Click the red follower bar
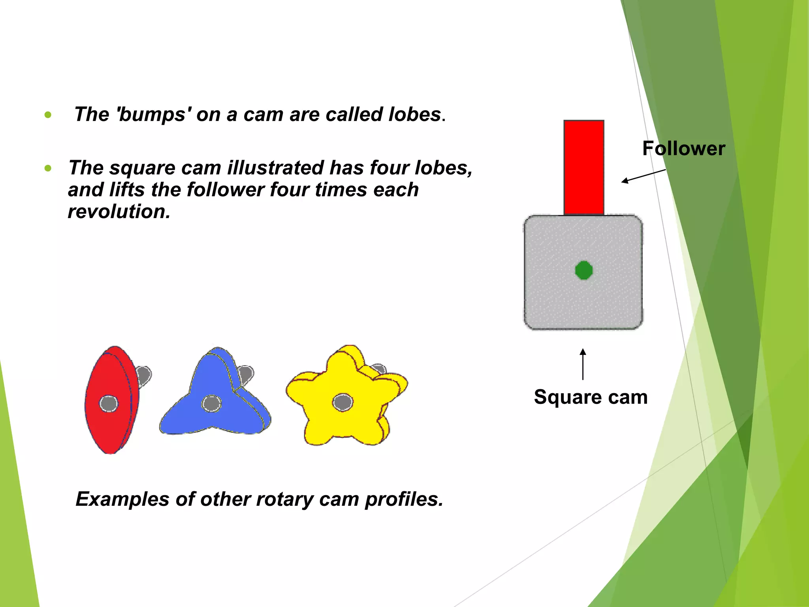coord(583,168)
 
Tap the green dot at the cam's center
coord(584,270)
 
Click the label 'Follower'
coord(683,149)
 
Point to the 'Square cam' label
coord(591,397)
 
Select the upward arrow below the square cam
coord(583,364)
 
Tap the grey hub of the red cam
coord(109,404)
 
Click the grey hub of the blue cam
coord(211,403)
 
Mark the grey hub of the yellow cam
coord(342,402)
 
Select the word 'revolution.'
coord(119,211)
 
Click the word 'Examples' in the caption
coord(122,499)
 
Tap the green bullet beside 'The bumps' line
coord(48,115)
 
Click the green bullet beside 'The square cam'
coord(48,168)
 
